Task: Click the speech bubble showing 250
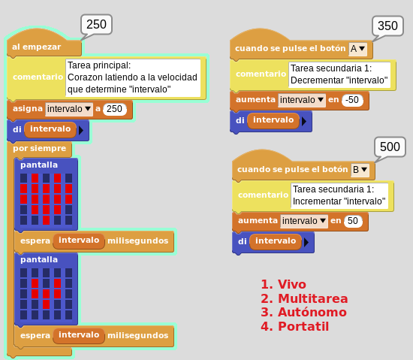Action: click(96, 25)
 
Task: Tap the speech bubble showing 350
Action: click(387, 26)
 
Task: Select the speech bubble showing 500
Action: click(390, 147)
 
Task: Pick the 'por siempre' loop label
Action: click(40, 148)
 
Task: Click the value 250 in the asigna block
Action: click(115, 109)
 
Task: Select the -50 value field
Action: click(352, 100)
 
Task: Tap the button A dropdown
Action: click(357, 49)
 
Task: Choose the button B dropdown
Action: click(360, 170)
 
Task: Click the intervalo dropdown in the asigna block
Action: click(69, 109)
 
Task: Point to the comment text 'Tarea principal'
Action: click(99, 65)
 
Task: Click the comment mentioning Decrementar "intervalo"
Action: click(339, 74)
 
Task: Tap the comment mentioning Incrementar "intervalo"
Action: click(339, 195)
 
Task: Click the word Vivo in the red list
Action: click(292, 284)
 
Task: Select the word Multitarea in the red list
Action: click(313, 298)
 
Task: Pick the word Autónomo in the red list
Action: click(312, 312)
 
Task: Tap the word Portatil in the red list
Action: click(303, 326)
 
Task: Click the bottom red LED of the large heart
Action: click(46, 220)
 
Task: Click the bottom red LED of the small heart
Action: click(46, 304)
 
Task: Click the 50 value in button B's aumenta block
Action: click(353, 221)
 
